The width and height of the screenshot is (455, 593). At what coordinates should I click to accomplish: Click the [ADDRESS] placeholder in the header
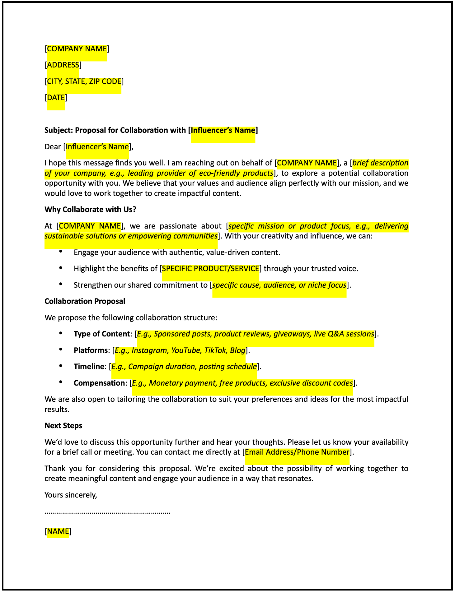[63, 65]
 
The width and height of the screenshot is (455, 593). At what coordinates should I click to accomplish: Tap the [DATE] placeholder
[56, 98]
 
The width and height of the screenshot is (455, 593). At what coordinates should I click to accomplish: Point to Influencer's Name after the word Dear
[97, 147]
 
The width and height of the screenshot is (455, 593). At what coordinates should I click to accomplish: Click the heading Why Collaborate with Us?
[90, 209]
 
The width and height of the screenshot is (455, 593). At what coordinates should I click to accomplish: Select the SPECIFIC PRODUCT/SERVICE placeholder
[211, 269]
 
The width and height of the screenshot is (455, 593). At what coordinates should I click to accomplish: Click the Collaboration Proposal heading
[85, 301]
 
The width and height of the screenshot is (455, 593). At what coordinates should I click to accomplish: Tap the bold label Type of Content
[101, 334]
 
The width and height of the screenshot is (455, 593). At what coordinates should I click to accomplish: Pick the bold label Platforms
[91, 350]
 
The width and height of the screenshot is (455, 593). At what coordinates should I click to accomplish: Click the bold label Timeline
[88, 367]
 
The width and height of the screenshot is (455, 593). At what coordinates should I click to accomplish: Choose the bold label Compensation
[99, 383]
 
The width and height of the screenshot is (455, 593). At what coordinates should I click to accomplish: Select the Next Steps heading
[63, 426]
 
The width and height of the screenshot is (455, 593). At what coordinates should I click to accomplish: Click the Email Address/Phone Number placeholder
[297, 452]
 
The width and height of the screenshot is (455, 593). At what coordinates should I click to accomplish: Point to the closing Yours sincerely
[71, 495]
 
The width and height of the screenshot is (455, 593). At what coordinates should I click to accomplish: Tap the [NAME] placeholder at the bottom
[58, 531]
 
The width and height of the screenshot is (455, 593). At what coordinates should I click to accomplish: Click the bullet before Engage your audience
[61, 252]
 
